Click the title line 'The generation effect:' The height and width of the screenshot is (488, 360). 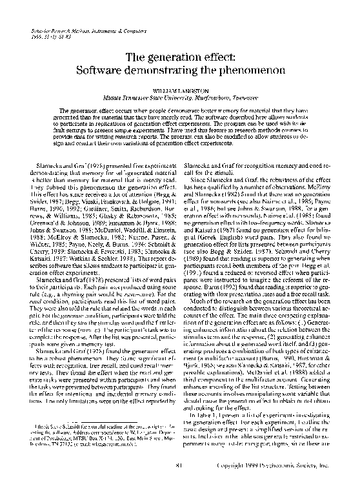tap(179, 57)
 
